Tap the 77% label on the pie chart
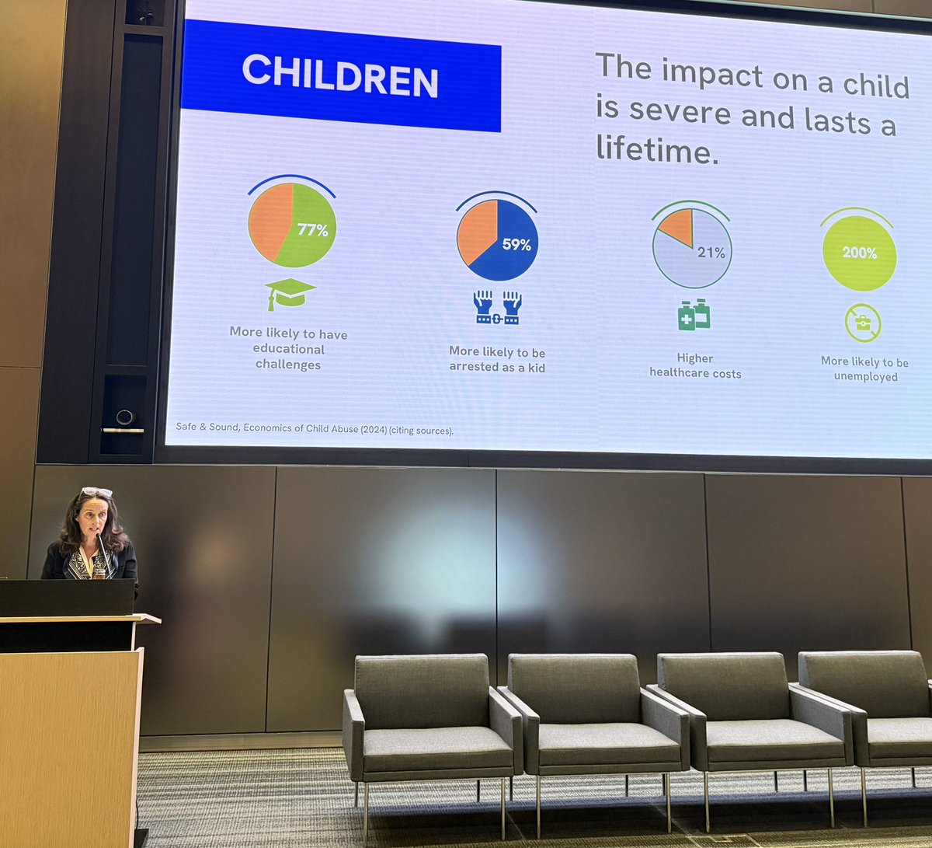(x=312, y=230)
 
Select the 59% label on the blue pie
(x=516, y=245)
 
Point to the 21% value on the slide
(x=711, y=253)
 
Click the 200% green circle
(x=859, y=253)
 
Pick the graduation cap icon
(x=290, y=293)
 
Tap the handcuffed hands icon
(x=497, y=307)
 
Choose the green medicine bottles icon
(x=694, y=315)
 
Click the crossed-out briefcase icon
(x=863, y=323)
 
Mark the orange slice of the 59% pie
(x=475, y=231)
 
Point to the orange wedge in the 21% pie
(x=676, y=226)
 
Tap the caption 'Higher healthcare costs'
(x=695, y=365)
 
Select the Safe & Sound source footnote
(x=314, y=429)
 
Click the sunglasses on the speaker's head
(x=96, y=492)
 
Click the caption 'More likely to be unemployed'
(x=864, y=369)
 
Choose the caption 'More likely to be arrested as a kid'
(x=497, y=359)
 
